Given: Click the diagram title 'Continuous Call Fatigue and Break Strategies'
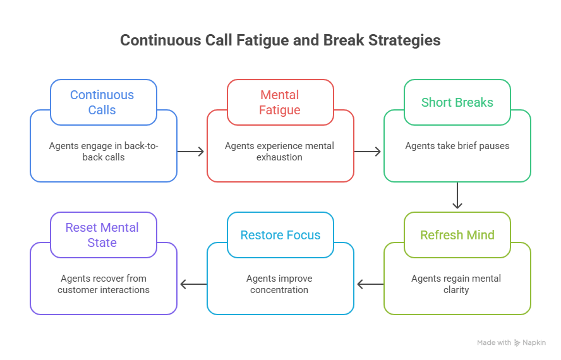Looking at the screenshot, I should (x=280, y=40).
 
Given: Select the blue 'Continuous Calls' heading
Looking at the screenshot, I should (x=102, y=102).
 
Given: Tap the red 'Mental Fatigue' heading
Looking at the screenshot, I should (x=280, y=102).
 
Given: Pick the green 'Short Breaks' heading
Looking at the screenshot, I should (x=457, y=102).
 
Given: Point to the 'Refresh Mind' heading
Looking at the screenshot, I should (x=457, y=235).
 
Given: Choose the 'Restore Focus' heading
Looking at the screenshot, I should (x=280, y=235).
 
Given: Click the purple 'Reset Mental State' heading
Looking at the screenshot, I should (x=102, y=235).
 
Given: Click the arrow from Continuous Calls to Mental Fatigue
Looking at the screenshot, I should (x=191, y=152).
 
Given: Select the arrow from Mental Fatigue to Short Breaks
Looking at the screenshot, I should (x=368, y=152).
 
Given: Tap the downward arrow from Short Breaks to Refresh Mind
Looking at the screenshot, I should (x=457, y=196).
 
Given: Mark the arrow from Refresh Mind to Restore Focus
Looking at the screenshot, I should (x=370, y=284).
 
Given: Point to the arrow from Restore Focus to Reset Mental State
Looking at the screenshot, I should (x=193, y=284).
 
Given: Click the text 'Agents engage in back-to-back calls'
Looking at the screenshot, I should (x=104, y=152).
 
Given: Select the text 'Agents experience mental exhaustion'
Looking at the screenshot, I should (x=280, y=152).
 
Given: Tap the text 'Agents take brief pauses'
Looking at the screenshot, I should (x=457, y=146).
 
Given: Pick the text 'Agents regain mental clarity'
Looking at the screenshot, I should (x=457, y=284).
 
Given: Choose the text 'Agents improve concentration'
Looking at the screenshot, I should (x=280, y=284).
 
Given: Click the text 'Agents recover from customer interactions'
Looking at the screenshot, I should (x=104, y=284).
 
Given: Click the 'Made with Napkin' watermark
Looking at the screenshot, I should (x=510, y=342).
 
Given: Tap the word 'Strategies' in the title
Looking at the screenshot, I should (x=405, y=40).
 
